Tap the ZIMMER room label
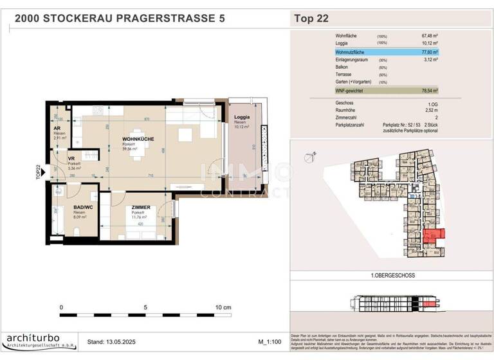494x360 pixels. (140, 208)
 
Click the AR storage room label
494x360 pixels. (57, 128)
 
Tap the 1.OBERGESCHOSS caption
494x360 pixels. (392, 275)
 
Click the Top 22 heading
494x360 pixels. (311, 18)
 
